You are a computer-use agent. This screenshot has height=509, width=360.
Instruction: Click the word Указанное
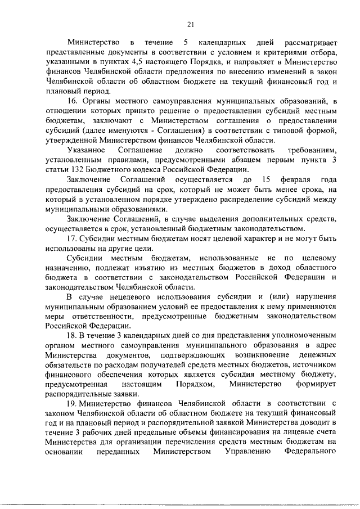pos(86,150)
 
